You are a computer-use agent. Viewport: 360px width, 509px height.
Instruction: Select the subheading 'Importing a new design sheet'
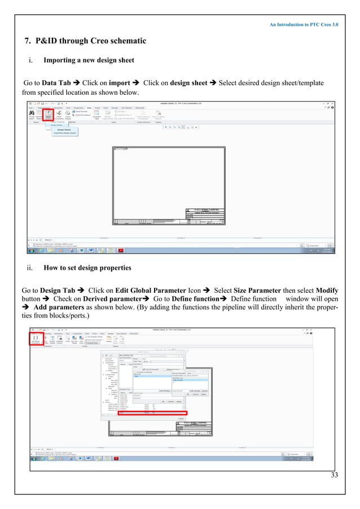coord(83,59)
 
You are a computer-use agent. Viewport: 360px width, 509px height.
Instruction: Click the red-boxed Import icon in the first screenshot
coord(48,115)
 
